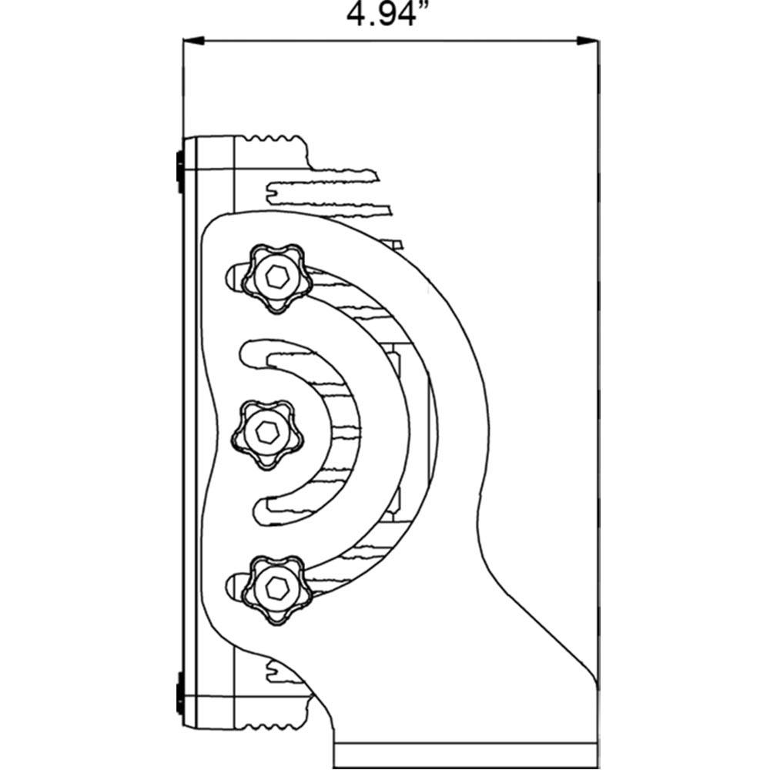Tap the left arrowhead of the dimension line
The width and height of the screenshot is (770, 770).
tap(193, 41)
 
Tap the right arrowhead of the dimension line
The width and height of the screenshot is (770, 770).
tap(588, 42)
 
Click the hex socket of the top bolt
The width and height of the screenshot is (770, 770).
tap(277, 278)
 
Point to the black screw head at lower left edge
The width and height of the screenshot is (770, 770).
tap(180, 694)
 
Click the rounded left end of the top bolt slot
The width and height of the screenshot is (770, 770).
tap(232, 278)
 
